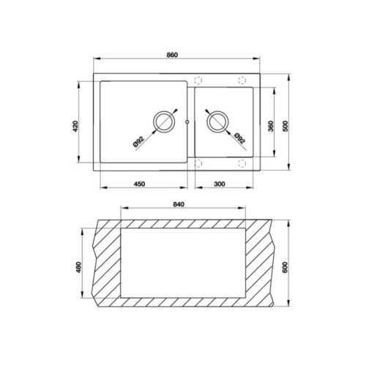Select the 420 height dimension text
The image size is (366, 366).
[x=75, y=125]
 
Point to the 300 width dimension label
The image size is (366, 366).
[x=220, y=184]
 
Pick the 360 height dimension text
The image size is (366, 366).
[x=271, y=125]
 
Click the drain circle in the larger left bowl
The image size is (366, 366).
[x=164, y=120]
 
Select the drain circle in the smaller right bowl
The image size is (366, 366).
[x=218, y=120]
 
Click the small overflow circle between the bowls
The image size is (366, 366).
[x=189, y=122]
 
